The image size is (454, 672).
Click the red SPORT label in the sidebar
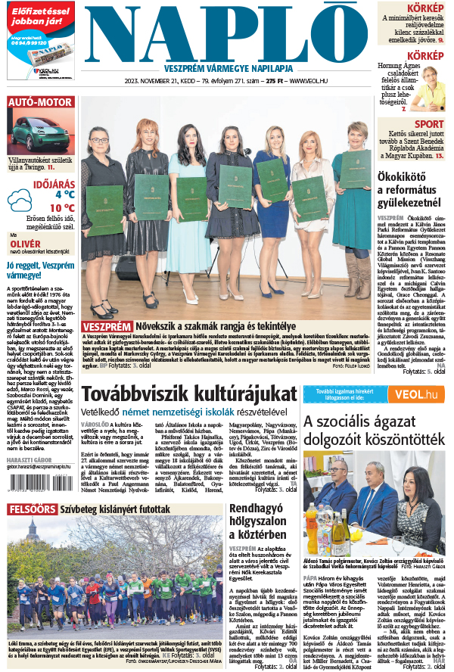coord(429,124)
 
